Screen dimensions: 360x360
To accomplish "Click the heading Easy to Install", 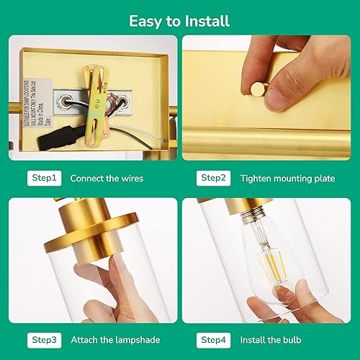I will click(x=179, y=20).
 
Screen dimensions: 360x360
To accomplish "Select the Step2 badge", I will click(x=213, y=177).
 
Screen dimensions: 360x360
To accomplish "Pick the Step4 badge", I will click(x=213, y=339).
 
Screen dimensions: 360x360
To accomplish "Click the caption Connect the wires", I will click(x=108, y=177).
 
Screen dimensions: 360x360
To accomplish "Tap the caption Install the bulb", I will click(x=270, y=339).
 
